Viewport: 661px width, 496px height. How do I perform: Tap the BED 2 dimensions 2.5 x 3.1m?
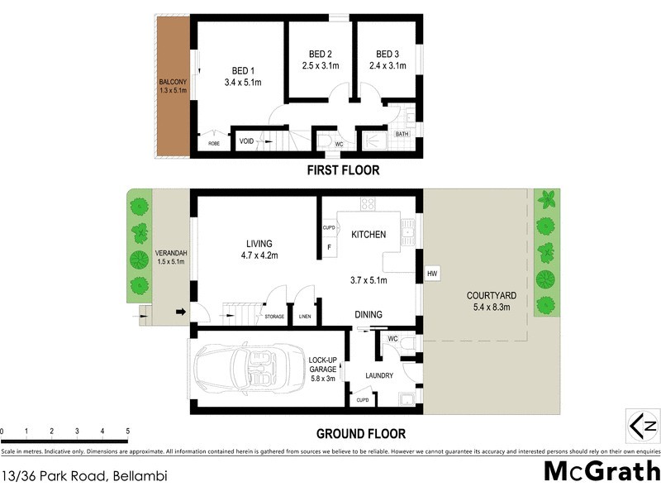tap(319, 65)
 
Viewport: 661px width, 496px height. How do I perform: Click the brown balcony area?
tap(174, 87)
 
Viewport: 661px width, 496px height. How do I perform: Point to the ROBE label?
tap(213, 143)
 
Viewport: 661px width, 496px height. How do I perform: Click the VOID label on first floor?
tap(246, 141)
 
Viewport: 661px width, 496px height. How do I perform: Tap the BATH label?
tap(402, 134)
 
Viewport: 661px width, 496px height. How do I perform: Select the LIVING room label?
tap(259, 243)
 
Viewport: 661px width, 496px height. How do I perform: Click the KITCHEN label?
tap(368, 235)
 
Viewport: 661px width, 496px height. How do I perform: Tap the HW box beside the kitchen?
tap(431, 274)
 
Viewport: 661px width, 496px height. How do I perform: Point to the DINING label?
tap(368, 314)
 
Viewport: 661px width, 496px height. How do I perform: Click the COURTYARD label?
tap(491, 295)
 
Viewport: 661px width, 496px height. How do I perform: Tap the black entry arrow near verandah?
tap(181, 312)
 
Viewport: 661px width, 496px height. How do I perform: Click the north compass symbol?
tap(642, 426)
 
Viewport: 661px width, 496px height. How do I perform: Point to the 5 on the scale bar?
tap(127, 431)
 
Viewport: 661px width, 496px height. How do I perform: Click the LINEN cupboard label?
tap(305, 317)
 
